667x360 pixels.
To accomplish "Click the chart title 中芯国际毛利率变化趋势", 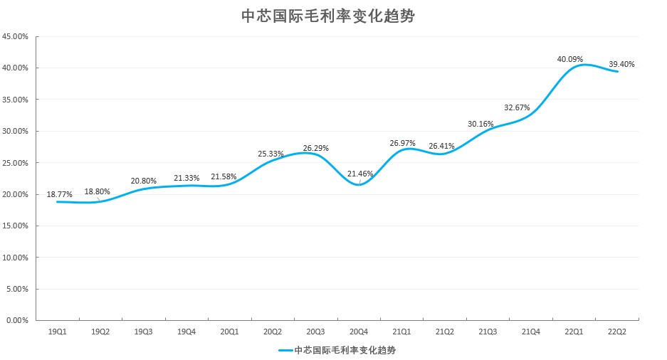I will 328,16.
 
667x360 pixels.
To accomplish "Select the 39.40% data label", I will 621,64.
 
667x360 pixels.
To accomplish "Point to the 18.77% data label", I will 60,194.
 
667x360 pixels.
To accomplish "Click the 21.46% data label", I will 360,174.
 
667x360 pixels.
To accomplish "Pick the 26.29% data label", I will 316,148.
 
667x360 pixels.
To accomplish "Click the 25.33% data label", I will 271,153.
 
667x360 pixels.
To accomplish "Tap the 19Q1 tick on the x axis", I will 58,332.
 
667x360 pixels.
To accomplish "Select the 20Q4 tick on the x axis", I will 359,332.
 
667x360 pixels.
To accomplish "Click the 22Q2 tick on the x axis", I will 617,332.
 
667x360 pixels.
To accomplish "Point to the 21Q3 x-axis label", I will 488,332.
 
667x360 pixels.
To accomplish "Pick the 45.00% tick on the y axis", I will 16,36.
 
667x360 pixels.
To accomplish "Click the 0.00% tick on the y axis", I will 18,321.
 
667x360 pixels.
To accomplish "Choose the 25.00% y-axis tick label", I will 16,163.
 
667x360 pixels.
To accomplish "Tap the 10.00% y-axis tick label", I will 16,258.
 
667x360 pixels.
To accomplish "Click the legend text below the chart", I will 350,350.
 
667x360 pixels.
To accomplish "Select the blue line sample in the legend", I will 285,350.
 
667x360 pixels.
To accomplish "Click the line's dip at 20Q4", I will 359,185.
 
